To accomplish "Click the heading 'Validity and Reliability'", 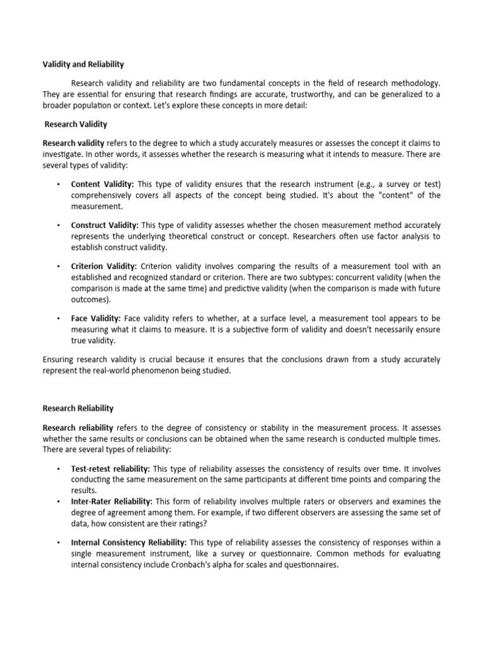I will coord(83,64).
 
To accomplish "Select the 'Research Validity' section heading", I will coord(76,124).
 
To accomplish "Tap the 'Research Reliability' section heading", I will coord(78,408).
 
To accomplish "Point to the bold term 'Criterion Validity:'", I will coord(104,266).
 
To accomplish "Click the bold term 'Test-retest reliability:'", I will coord(111,469).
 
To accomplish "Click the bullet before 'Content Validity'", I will coord(57,184).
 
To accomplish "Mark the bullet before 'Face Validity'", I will coord(57,319).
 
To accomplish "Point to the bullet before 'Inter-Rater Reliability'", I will coord(57,501).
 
